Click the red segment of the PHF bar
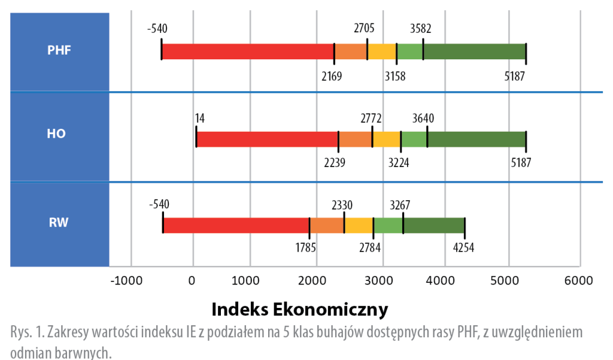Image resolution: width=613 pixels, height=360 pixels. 248,52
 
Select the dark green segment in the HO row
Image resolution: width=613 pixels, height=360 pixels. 477,139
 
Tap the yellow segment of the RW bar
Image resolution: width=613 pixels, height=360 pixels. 359,225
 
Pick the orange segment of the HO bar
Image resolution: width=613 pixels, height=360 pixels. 356,139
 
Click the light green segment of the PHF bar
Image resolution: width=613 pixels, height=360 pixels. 410,52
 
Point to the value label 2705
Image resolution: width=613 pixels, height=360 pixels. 365,28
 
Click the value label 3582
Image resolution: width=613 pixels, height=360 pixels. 421,28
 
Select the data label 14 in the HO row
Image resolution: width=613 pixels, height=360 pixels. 200,117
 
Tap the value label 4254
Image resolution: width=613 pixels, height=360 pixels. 462,247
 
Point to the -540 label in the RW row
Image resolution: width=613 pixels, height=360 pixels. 159,204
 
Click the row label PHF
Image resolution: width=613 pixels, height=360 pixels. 59,50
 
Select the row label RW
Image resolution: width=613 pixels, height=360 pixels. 59,223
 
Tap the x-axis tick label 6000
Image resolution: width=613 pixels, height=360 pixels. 579,280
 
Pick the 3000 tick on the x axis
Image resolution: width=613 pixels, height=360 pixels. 381,280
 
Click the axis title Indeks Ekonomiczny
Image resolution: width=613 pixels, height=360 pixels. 300,310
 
